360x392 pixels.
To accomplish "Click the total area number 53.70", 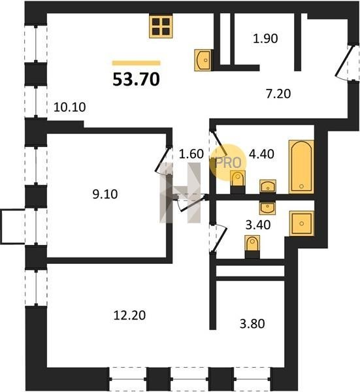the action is [x=136, y=79].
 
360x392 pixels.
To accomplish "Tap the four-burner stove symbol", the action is [x=161, y=27].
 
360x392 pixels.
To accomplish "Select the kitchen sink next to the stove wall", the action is [x=204, y=60].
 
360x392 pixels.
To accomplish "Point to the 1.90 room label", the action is [x=265, y=39].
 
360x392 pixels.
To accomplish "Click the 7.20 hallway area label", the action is [x=278, y=94].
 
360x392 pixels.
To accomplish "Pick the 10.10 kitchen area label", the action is [x=70, y=107].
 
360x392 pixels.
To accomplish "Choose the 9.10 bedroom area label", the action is [x=105, y=194].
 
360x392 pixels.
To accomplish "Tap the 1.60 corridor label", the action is [x=191, y=154].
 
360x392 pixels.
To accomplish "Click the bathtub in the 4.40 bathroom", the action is [x=301, y=167].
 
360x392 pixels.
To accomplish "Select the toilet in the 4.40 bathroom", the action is [x=238, y=182].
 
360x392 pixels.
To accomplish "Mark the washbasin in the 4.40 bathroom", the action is [x=268, y=186].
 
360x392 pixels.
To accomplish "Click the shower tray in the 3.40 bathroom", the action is [x=301, y=223].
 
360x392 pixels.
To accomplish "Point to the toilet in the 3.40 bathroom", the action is [x=252, y=247].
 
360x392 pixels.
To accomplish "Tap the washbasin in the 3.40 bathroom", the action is [x=268, y=208].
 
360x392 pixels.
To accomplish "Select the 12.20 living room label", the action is [x=129, y=316].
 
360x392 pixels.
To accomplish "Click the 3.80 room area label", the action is [x=252, y=324].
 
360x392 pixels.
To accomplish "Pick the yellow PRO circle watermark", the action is [x=228, y=163].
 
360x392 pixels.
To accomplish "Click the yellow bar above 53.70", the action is [x=137, y=63].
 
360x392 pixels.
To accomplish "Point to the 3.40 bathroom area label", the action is [x=258, y=225].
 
